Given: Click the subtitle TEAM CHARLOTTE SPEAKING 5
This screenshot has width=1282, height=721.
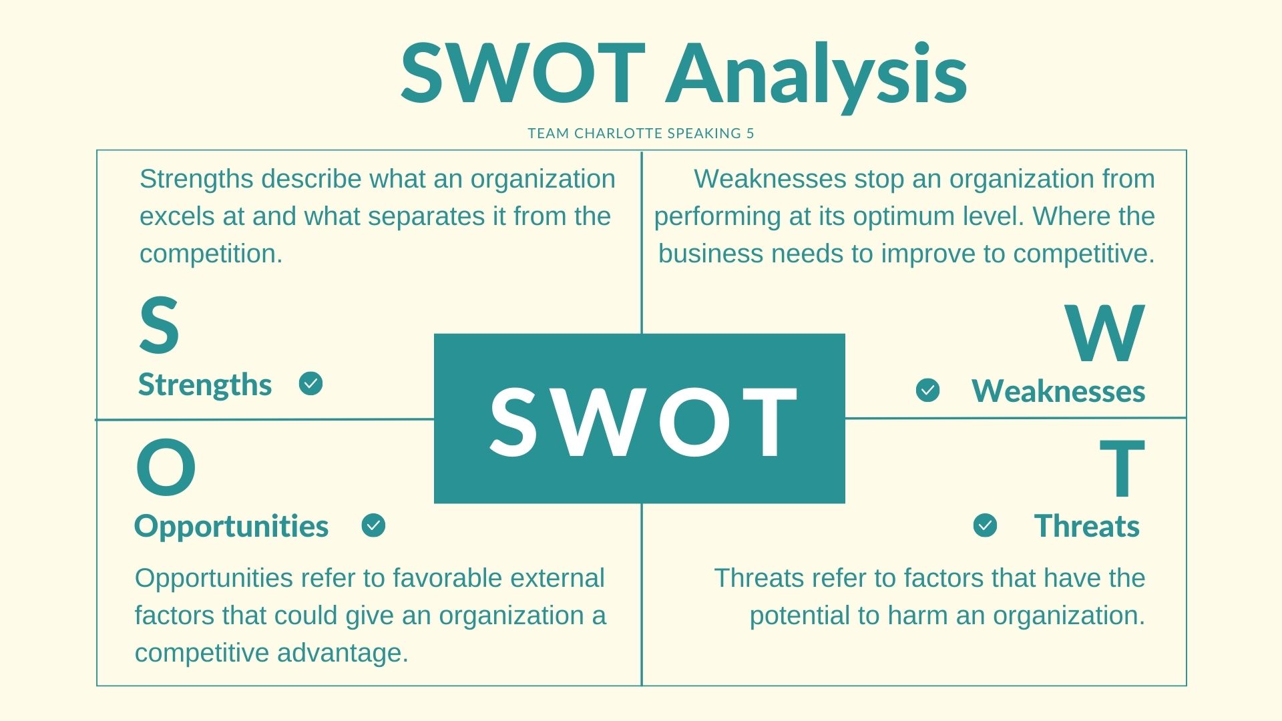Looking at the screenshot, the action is [641, 134].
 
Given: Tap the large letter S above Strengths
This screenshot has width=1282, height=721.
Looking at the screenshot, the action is [159, 326].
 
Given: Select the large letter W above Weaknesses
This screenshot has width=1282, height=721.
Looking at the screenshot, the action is [1105, 332].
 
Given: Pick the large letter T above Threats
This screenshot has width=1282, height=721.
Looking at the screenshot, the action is [1122, 469].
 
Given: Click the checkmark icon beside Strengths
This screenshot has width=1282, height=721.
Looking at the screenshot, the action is [310, 384].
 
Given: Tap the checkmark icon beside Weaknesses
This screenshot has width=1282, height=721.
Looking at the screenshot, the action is [927, 391].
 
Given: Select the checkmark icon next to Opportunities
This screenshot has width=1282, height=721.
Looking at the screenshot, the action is [373, 525].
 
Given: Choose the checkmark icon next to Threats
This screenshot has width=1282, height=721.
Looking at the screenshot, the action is [985, 525].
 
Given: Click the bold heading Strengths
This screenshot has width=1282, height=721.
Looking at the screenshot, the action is [205, 385].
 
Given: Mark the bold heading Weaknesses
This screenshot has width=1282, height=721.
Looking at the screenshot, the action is [1058, 391].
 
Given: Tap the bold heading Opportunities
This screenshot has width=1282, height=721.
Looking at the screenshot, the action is [231, 527].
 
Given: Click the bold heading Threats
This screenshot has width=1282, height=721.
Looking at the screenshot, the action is [1087, 526].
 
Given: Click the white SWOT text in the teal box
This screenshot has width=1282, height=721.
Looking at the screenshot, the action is [644, 422].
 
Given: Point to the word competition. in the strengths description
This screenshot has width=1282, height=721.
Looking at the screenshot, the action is [211, 254].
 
